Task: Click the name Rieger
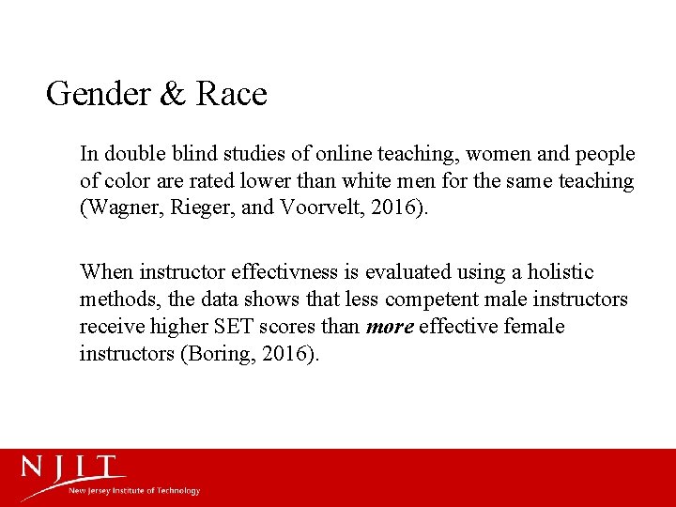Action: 201,207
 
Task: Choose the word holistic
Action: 560,272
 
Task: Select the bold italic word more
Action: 389,327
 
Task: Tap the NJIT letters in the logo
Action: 73,468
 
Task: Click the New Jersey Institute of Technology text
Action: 134,491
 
